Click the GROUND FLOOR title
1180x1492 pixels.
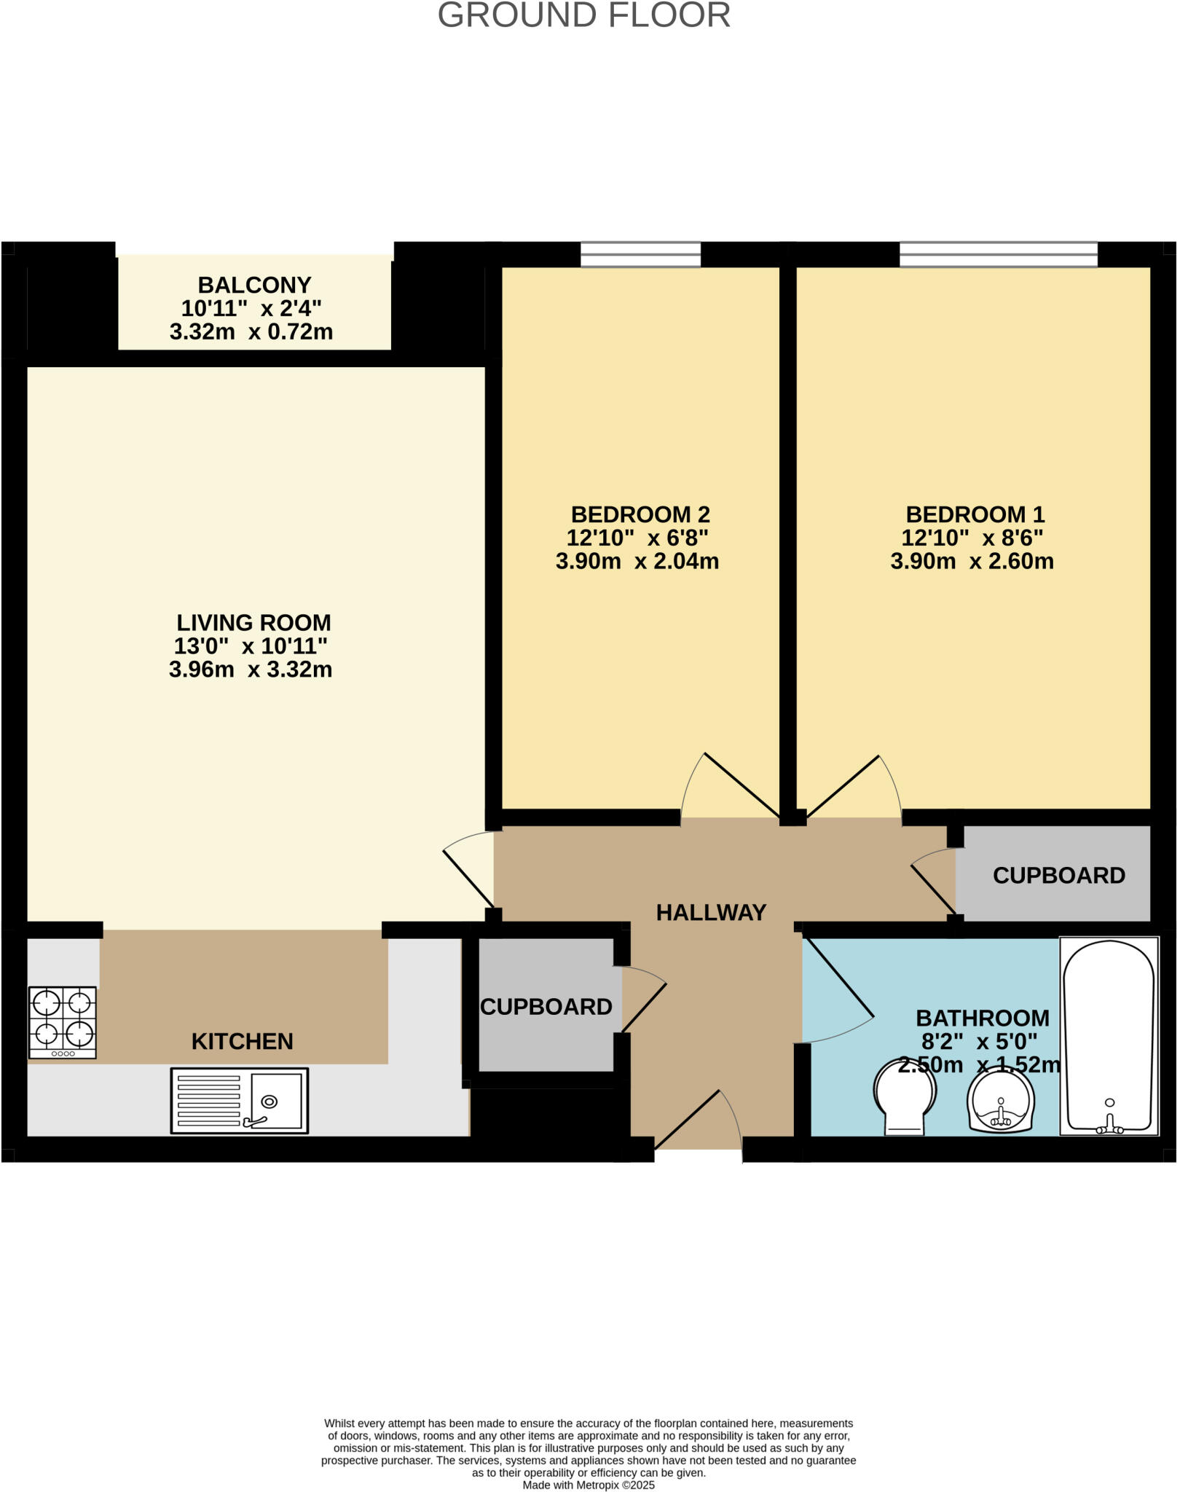[x=583, y=15]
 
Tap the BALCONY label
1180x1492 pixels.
[x=254, y=285]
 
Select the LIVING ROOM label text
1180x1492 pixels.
[x=253, y=623]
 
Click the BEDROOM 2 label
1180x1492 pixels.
[x=640, y=514]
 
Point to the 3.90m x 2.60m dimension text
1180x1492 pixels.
[x=972, y=562]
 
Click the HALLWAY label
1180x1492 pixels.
[x=711, y=913]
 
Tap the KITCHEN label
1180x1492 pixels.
[x=242, y=1042]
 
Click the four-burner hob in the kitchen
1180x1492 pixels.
[x=63, y=1021]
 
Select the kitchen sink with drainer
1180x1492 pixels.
[x=240, y=1101]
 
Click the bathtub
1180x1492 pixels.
[x=1109, y=1036]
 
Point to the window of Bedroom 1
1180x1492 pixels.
[x=998, y=255]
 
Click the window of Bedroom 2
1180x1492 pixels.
[x=640, y=255]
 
